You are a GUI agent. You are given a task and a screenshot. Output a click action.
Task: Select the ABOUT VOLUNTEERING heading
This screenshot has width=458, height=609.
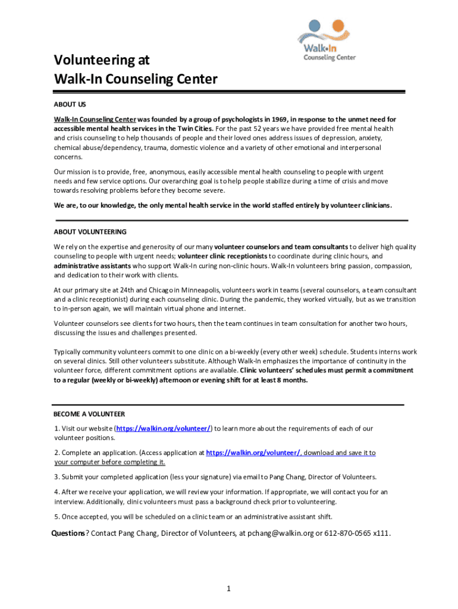[90, 231]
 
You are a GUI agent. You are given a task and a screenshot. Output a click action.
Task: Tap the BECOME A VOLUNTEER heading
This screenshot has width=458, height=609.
[89, 414]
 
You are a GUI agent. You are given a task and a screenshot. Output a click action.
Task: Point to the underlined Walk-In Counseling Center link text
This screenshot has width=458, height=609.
[95, 119]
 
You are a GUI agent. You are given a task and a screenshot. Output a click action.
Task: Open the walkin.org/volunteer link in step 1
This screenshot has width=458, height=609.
[164, 428]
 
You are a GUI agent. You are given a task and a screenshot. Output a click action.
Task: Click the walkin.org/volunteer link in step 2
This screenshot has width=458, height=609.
[253, 453]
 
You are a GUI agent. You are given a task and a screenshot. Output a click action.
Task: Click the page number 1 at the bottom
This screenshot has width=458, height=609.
[228, 589]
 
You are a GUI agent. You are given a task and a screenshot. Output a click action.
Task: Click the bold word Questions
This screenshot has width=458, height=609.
[68, 533]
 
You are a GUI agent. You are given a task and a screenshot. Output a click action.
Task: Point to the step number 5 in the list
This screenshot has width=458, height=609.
[55, 516]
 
